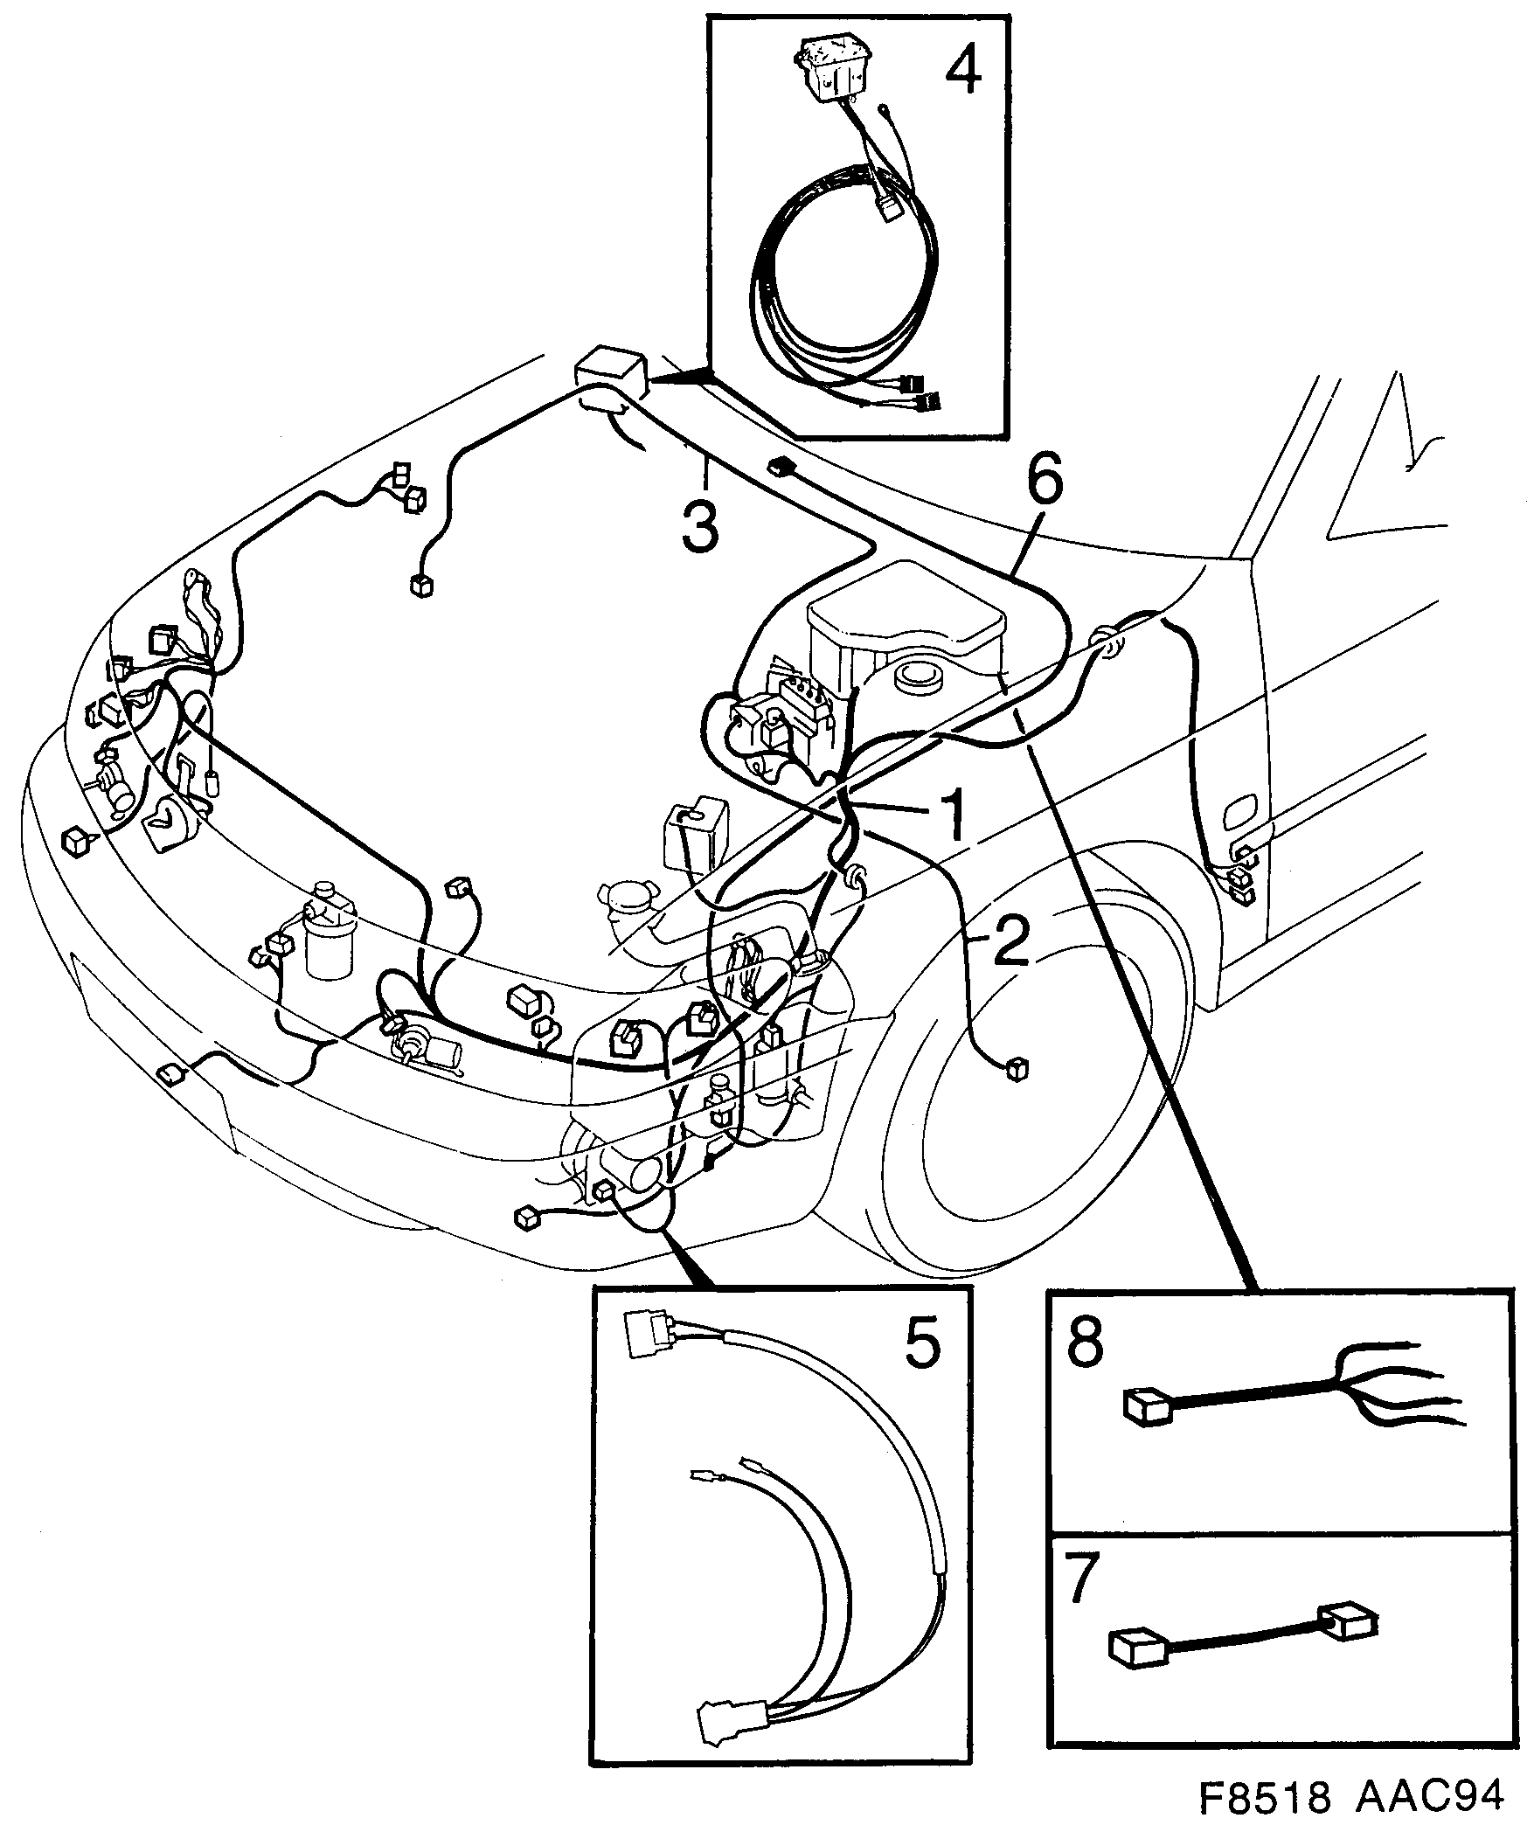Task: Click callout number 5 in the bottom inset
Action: click(923, 1344)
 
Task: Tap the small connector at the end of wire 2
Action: click(1015, 1069)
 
